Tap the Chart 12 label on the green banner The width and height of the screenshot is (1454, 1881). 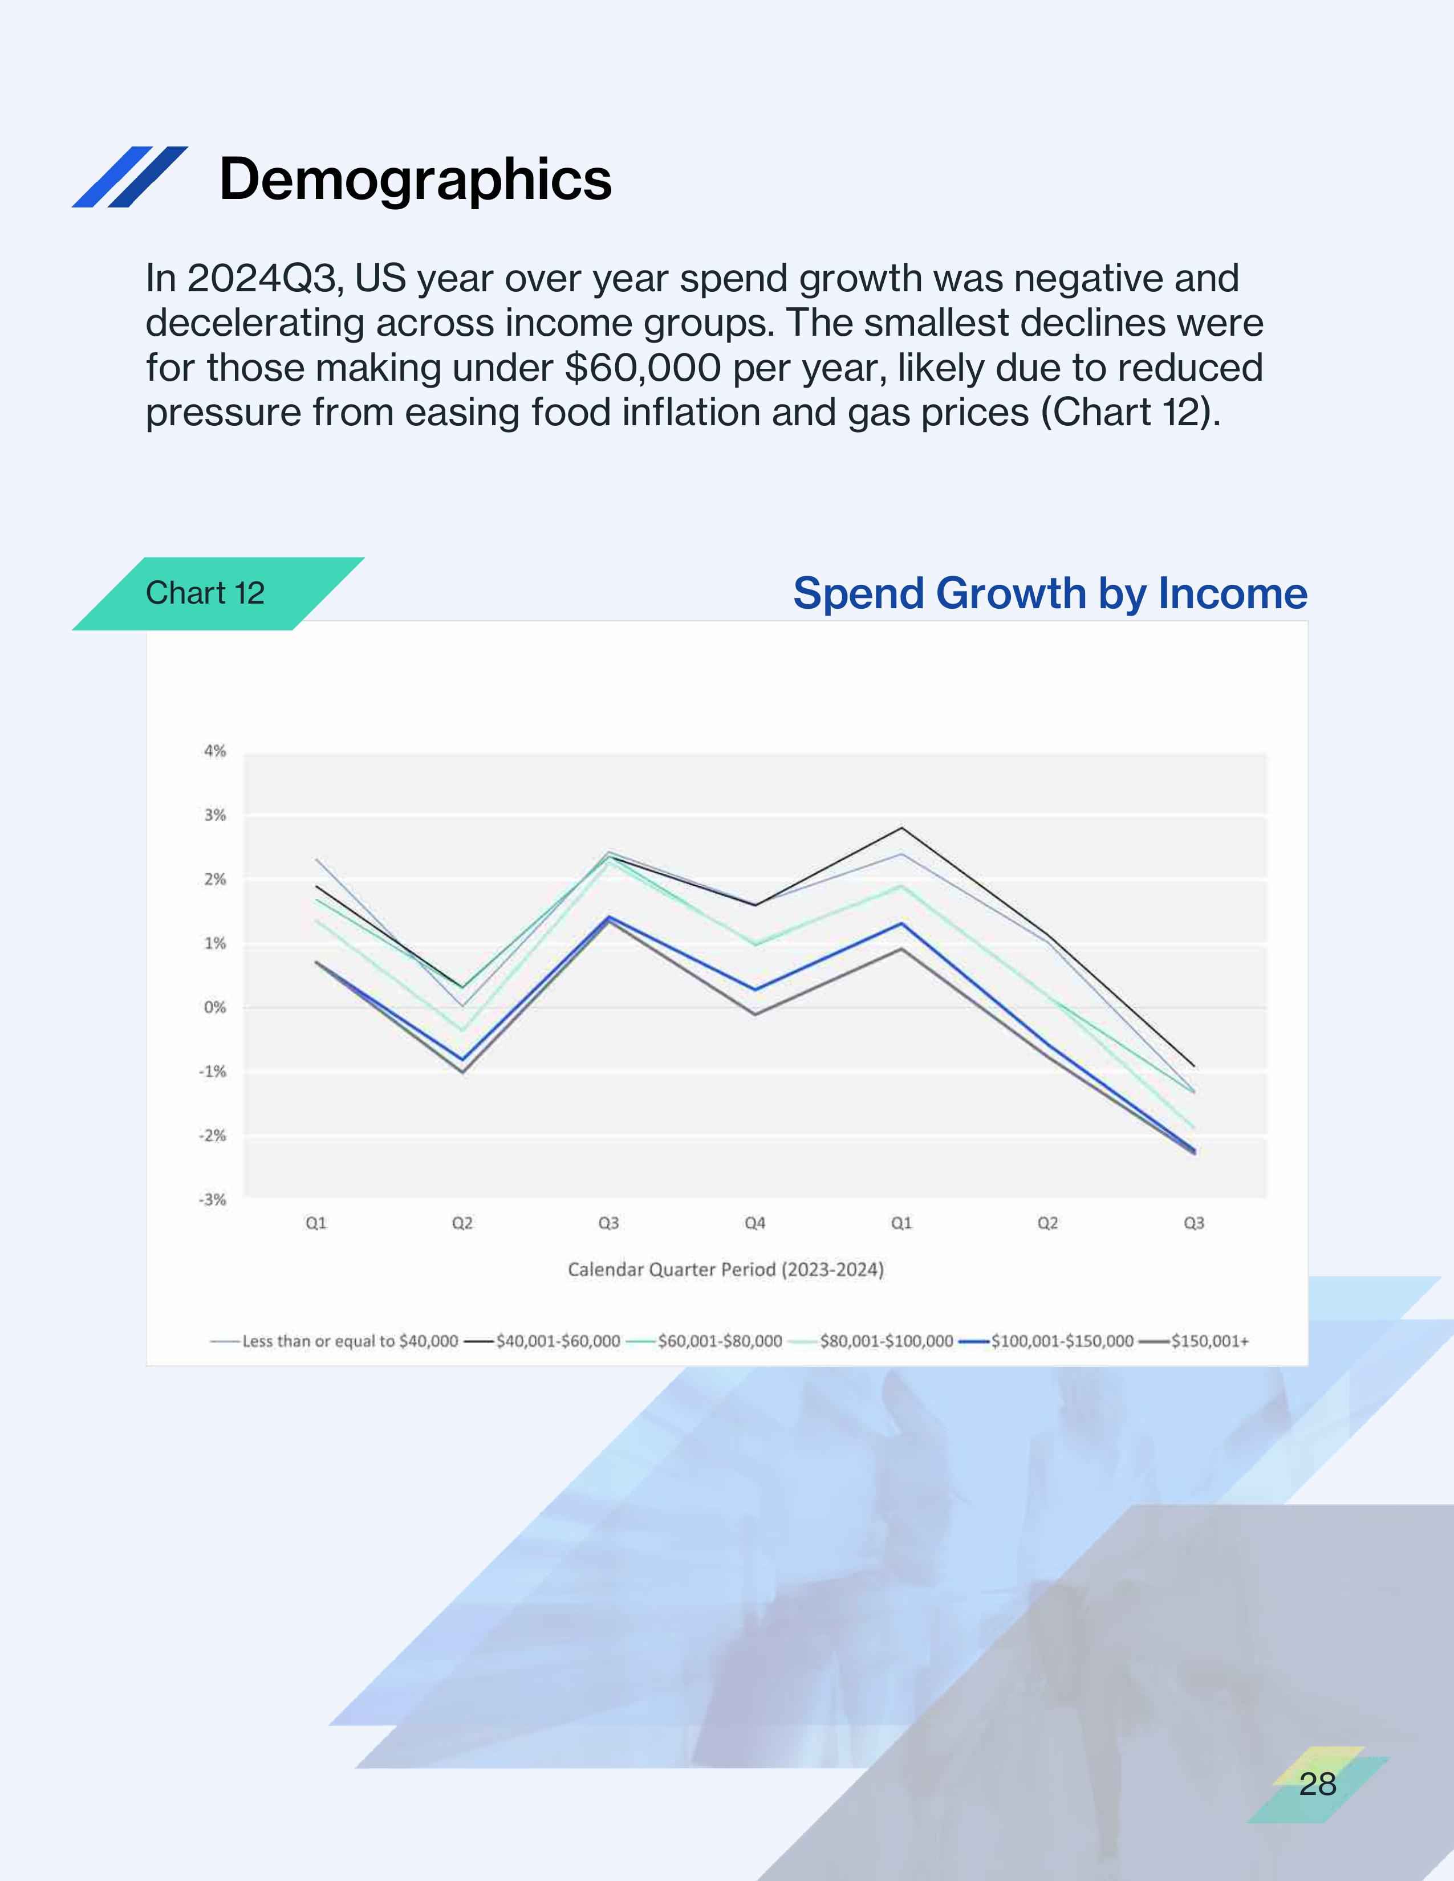(205, 593)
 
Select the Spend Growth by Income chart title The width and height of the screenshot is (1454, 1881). (1050, 593)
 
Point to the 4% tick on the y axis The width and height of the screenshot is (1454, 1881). (214, 751)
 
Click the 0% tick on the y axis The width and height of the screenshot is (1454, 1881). (214, 1007)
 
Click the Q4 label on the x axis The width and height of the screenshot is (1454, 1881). (754, 1223)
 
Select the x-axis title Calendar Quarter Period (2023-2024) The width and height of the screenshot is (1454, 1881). (725, 1269)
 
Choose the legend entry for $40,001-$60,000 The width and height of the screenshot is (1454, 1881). (542, 1341)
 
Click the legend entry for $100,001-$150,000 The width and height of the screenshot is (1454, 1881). (1046, 1341)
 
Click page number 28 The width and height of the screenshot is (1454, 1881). (1318, 1784)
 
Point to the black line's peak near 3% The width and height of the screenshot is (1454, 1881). (901, 828)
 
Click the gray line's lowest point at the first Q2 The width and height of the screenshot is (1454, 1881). (462, 1072)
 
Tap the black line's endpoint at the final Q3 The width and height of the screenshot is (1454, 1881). (1194, 1066)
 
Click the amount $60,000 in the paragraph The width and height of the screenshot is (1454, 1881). (643, 368)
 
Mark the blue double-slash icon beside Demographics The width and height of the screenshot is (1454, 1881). (130, 177)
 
